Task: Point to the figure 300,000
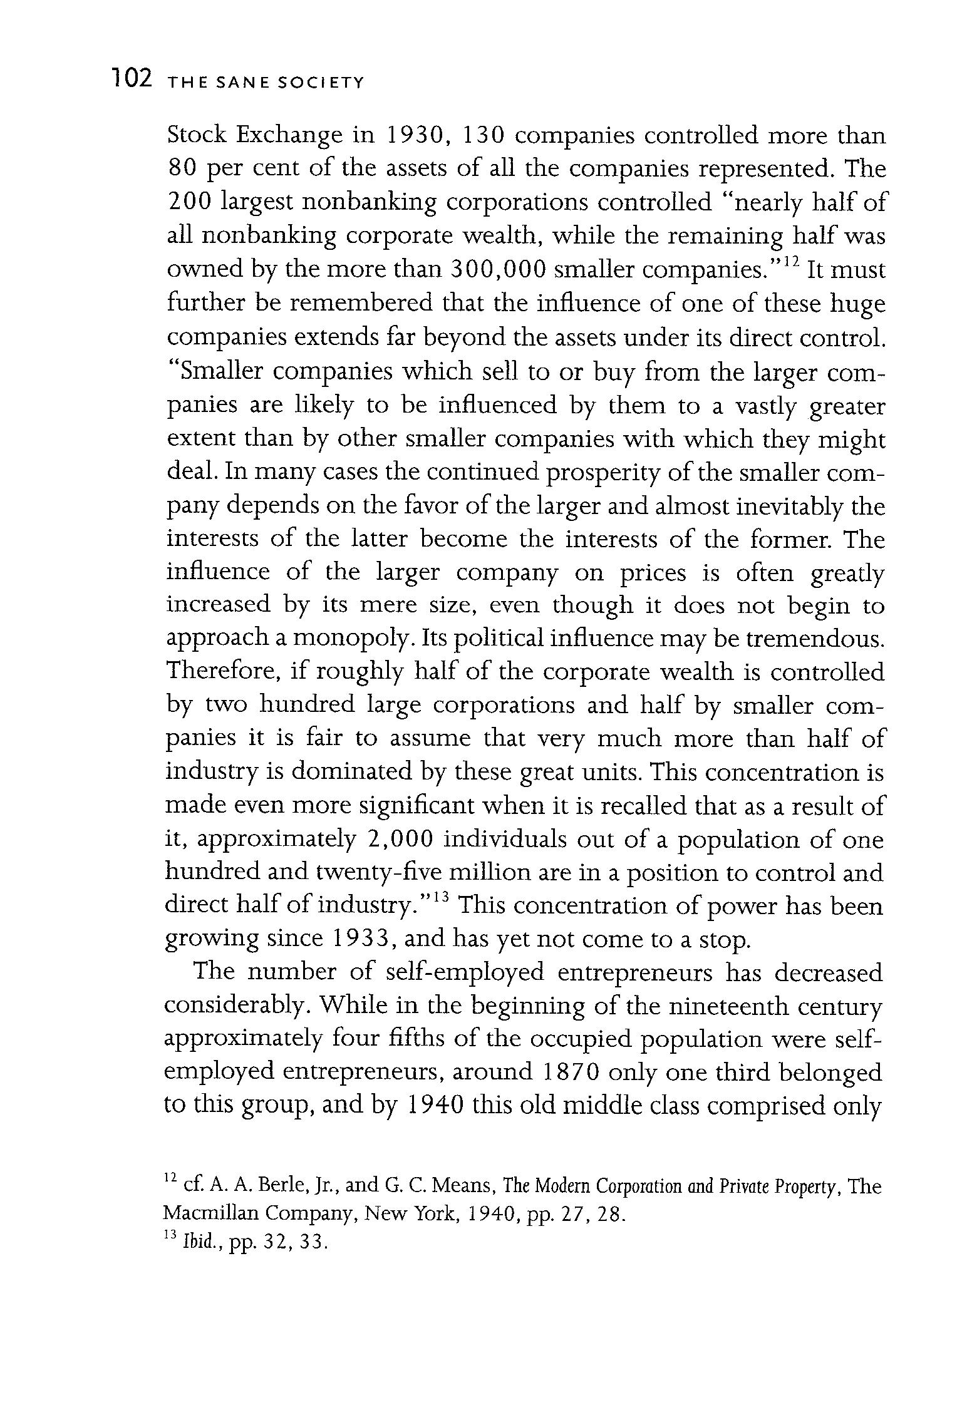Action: pyautogui.click(x=499, y=270)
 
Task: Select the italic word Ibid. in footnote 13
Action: pyautogui.click(x=195, y=1242)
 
